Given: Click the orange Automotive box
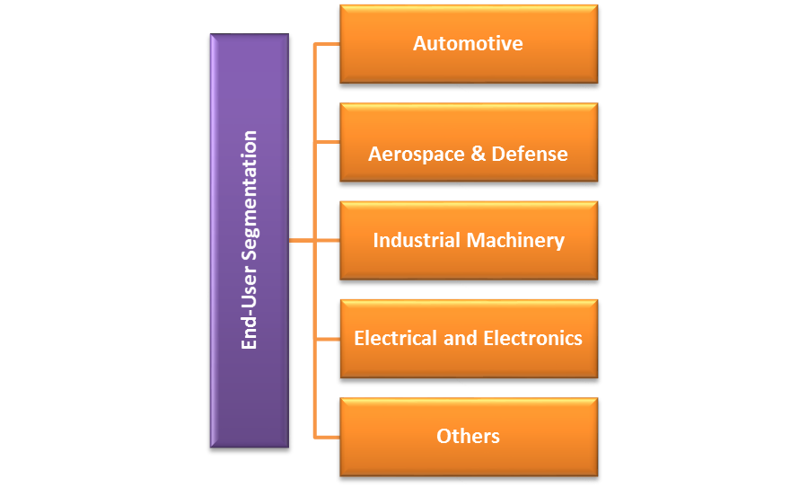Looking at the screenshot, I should [x=468, y=43].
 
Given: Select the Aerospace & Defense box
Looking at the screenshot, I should [x=468, y=142].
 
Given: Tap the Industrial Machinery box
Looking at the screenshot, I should [x=468, y=240].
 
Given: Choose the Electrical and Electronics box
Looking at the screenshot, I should [x=468, y=339].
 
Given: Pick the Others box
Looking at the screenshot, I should [x=468, y=437].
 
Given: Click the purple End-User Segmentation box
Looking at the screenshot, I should [x=250, y=240].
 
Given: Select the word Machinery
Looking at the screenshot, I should [x=514, y=240].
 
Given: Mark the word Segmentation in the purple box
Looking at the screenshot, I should [x=250, y=198].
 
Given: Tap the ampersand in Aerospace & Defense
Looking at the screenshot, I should [x=479, y=154].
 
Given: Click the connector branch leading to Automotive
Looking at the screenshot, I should [x=327, y=43].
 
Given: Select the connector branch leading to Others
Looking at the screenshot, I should [x=327, y=437].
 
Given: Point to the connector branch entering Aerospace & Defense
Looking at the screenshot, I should [x=327, y=142].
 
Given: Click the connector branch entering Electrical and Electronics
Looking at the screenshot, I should [x=327, y=339].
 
